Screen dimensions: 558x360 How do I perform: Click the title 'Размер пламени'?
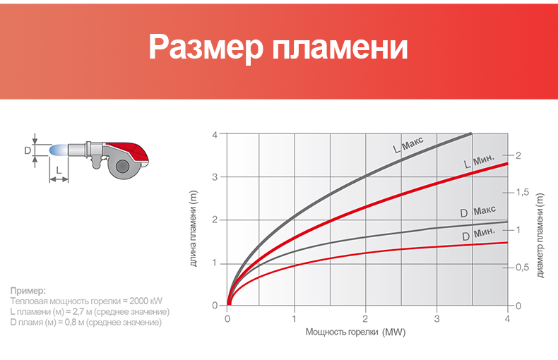point(278,47)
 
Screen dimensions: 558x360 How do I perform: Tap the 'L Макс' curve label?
point(408,145)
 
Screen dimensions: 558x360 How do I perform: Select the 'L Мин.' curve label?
point(479,161)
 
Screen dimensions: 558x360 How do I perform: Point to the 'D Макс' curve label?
point(477,212)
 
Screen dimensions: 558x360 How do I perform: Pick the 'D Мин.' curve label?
point(478,234)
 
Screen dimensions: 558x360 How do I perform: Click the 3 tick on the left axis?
point(215,177)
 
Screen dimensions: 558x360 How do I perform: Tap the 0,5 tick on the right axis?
point(523,267)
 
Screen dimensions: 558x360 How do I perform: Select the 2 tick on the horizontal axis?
point(365,319)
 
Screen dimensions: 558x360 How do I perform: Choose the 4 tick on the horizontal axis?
point(507,319)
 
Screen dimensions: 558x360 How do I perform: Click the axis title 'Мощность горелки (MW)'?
point(355,332)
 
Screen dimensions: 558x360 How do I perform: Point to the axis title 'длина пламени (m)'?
point(194,229)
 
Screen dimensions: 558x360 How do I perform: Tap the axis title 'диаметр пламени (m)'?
point(540,236)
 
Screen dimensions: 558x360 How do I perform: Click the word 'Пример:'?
point(28,291)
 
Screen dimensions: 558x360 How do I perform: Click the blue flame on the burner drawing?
point(58,150)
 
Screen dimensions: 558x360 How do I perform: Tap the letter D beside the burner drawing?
point(28,151)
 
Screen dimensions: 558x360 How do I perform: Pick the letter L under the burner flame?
point(59,170)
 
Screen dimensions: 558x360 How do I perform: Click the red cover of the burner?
point(127,152)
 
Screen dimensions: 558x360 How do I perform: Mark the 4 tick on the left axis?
point(215,134)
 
